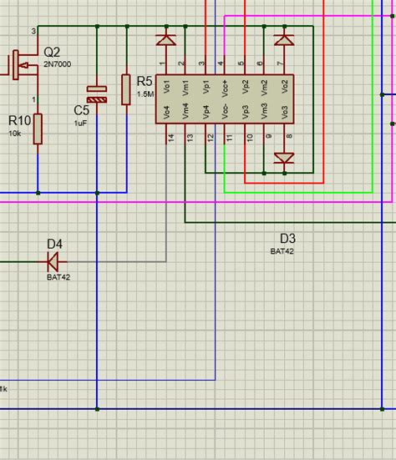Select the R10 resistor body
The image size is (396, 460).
tap(38, 129)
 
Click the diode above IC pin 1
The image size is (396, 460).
tap(165, 39)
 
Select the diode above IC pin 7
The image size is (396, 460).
tap(284, 39)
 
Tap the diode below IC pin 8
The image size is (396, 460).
tap(284, 158)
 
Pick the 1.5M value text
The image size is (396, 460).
tap(145, 94)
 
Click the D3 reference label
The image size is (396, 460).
tap(288, 237)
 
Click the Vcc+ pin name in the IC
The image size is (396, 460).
tap(225, 88)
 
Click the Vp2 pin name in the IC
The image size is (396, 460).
tap(245, 87)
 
